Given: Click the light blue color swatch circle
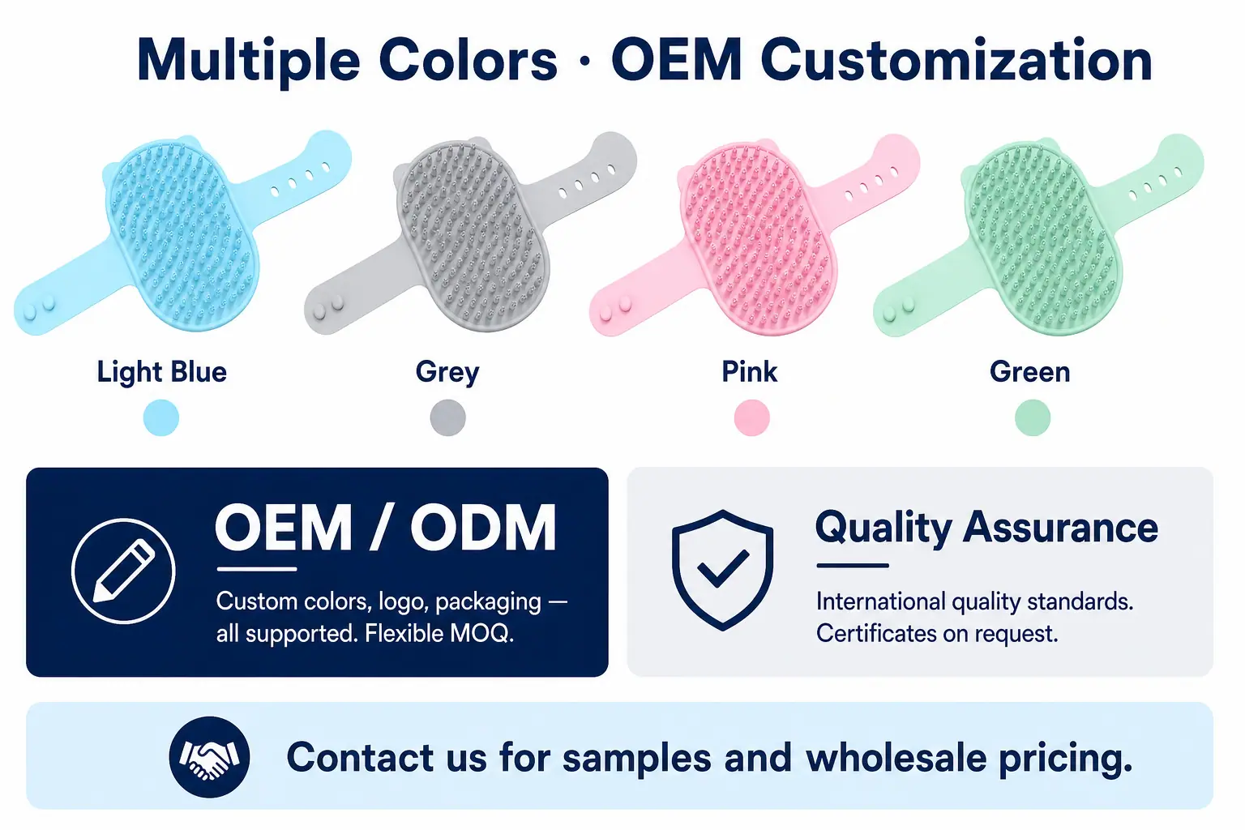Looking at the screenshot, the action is click(x=161, y=417).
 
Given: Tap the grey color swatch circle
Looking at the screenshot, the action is click(x=448, y=417).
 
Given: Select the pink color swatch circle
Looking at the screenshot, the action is click(x=752, y=417).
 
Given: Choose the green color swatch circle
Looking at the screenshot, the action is click(x=1033, y=417).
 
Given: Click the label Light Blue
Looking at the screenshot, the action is click(x=162, y=372).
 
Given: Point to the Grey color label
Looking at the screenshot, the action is click(x=447, y=373).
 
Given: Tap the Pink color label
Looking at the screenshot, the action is click(x=749, y=371).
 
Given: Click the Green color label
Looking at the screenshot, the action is click(x=1030, y=372).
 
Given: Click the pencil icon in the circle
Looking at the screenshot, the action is click(x=123, y=571).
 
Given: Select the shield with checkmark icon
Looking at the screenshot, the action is click(x=722, y=570).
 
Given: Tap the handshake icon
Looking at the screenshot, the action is click(x=210, y=757).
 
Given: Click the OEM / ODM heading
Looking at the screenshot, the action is click(x=386, y=527).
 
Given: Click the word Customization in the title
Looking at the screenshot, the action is click(x=956, y=60).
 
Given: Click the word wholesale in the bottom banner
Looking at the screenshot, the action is click(x=896, y=757).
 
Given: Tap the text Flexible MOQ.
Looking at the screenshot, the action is click(x=439, y=634).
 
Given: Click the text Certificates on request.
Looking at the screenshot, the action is click(x=936, y=634).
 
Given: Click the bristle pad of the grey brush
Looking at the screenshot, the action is click(x=472, y=236).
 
